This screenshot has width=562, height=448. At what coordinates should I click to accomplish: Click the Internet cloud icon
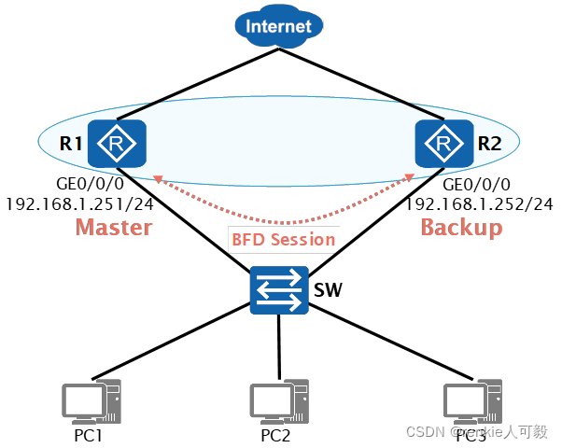tap(278, 25)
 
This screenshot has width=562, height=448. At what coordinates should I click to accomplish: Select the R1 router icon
tap(117, 145)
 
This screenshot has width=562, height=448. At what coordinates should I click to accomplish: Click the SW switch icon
tap(279, 290)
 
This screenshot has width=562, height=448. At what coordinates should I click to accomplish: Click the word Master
tap(113, 227)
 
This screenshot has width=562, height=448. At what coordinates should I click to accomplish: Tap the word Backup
tap(461, 227)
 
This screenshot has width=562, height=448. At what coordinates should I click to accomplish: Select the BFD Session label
tap(283, 239)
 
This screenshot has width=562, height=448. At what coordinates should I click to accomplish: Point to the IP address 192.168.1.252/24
tap(479, 203)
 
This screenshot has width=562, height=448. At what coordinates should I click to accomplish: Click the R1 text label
tap(69, 145)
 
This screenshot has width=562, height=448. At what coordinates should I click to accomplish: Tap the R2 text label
tap(489, 145)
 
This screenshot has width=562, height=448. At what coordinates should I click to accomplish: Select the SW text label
tap(327, 290)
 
